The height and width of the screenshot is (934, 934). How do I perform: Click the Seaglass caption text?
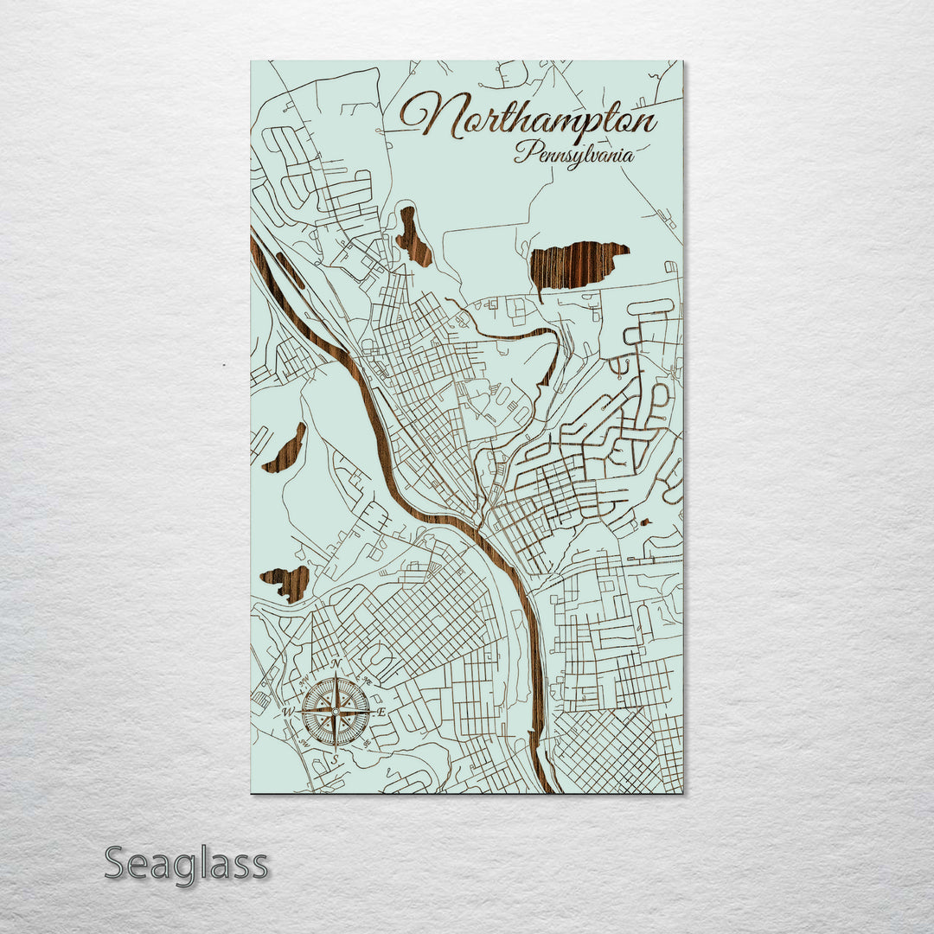[x=186, y=864]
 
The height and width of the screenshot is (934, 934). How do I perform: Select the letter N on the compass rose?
[x=336, y=663]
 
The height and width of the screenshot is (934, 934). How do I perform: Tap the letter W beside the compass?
[x=289, y=712]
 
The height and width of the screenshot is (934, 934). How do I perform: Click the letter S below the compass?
[x=335, y=759]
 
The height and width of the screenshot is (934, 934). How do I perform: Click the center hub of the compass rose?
[x=336, y=711]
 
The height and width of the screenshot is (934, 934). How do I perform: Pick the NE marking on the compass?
[x=368, y=681]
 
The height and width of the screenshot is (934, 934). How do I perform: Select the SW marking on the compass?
[x=304, y=743]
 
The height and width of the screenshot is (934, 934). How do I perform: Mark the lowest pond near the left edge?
[x=287, y=583]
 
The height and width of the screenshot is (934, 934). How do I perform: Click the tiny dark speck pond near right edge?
[x=645, y=522]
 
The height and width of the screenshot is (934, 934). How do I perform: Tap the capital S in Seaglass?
[x=118, y=864]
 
